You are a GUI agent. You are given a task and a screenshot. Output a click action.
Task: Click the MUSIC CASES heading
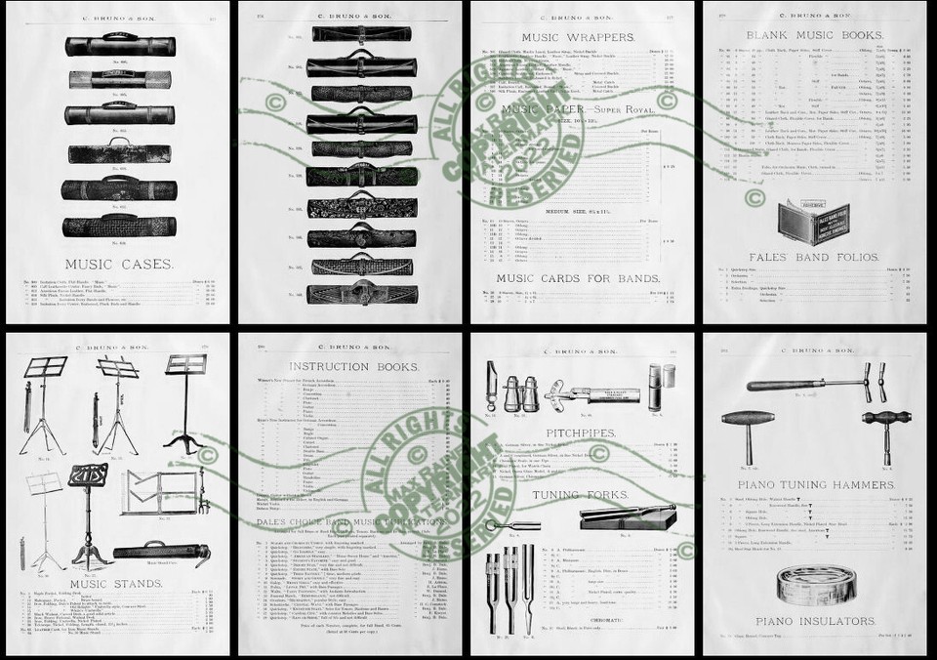click(119, 264)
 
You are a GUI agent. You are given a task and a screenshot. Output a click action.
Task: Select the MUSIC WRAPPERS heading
click(581, 36)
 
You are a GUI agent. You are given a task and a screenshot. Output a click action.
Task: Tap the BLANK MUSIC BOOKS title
click(815, 35)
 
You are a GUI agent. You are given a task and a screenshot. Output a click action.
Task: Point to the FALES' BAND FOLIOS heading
click(815, 258)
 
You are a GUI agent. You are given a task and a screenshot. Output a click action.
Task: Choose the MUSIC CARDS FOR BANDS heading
click(581, 278)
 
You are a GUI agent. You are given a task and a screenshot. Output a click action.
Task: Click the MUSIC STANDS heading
click(116, 584)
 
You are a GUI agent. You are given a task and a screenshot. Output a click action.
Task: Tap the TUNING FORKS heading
click(582, 494)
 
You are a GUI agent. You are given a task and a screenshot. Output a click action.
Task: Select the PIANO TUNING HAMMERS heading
click(815, 484)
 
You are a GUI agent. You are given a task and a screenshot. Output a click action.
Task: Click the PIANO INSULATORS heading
click(815, 620)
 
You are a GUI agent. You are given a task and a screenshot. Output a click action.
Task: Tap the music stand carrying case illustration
click(161, 553)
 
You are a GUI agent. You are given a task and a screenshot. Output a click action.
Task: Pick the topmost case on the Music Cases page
click(120, 46)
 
